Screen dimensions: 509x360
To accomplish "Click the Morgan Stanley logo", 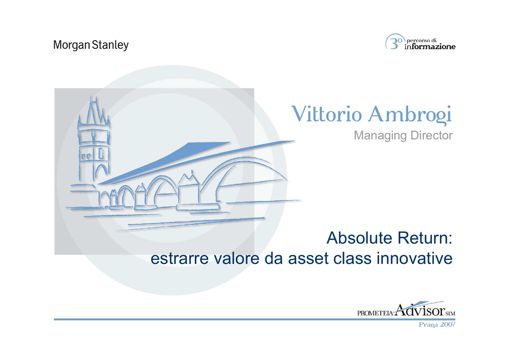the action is click(91, 45).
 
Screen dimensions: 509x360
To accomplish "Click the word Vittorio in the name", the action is click(327, 114).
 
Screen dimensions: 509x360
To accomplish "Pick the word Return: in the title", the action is click(425, 238).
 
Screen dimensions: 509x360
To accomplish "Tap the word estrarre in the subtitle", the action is click(179, 259).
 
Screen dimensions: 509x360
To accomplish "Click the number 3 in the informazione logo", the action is click(394, 44).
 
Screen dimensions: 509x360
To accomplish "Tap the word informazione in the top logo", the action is click(430, 47).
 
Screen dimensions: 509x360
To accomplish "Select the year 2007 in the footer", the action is click(448, 324).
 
